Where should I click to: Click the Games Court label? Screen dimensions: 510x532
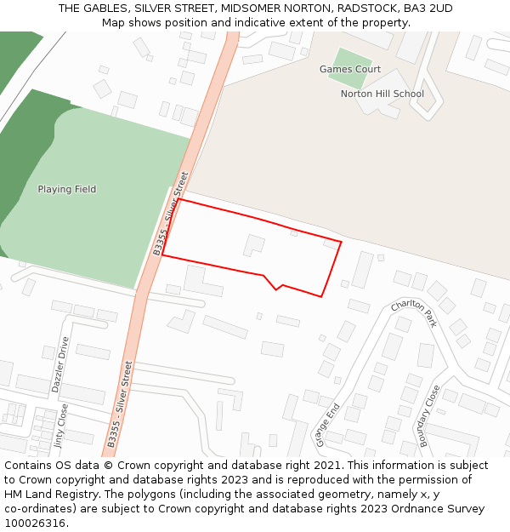(x=349, y=69)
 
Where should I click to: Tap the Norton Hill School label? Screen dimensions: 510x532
(x=382, y=94)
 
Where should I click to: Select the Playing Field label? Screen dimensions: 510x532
(x=66, y=189)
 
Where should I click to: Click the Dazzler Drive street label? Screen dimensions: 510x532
(x=59, y=363)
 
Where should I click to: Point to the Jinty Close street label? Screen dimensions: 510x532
(x=60, y=426)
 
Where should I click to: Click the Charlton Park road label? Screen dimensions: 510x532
(x=414, y=312)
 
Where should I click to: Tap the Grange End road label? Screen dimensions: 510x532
(x=327, y=424)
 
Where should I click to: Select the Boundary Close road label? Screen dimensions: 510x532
(x=430, y=415)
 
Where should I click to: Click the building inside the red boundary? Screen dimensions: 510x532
(x=253, y=245)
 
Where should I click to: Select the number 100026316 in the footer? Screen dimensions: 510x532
(x=33, y=523)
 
